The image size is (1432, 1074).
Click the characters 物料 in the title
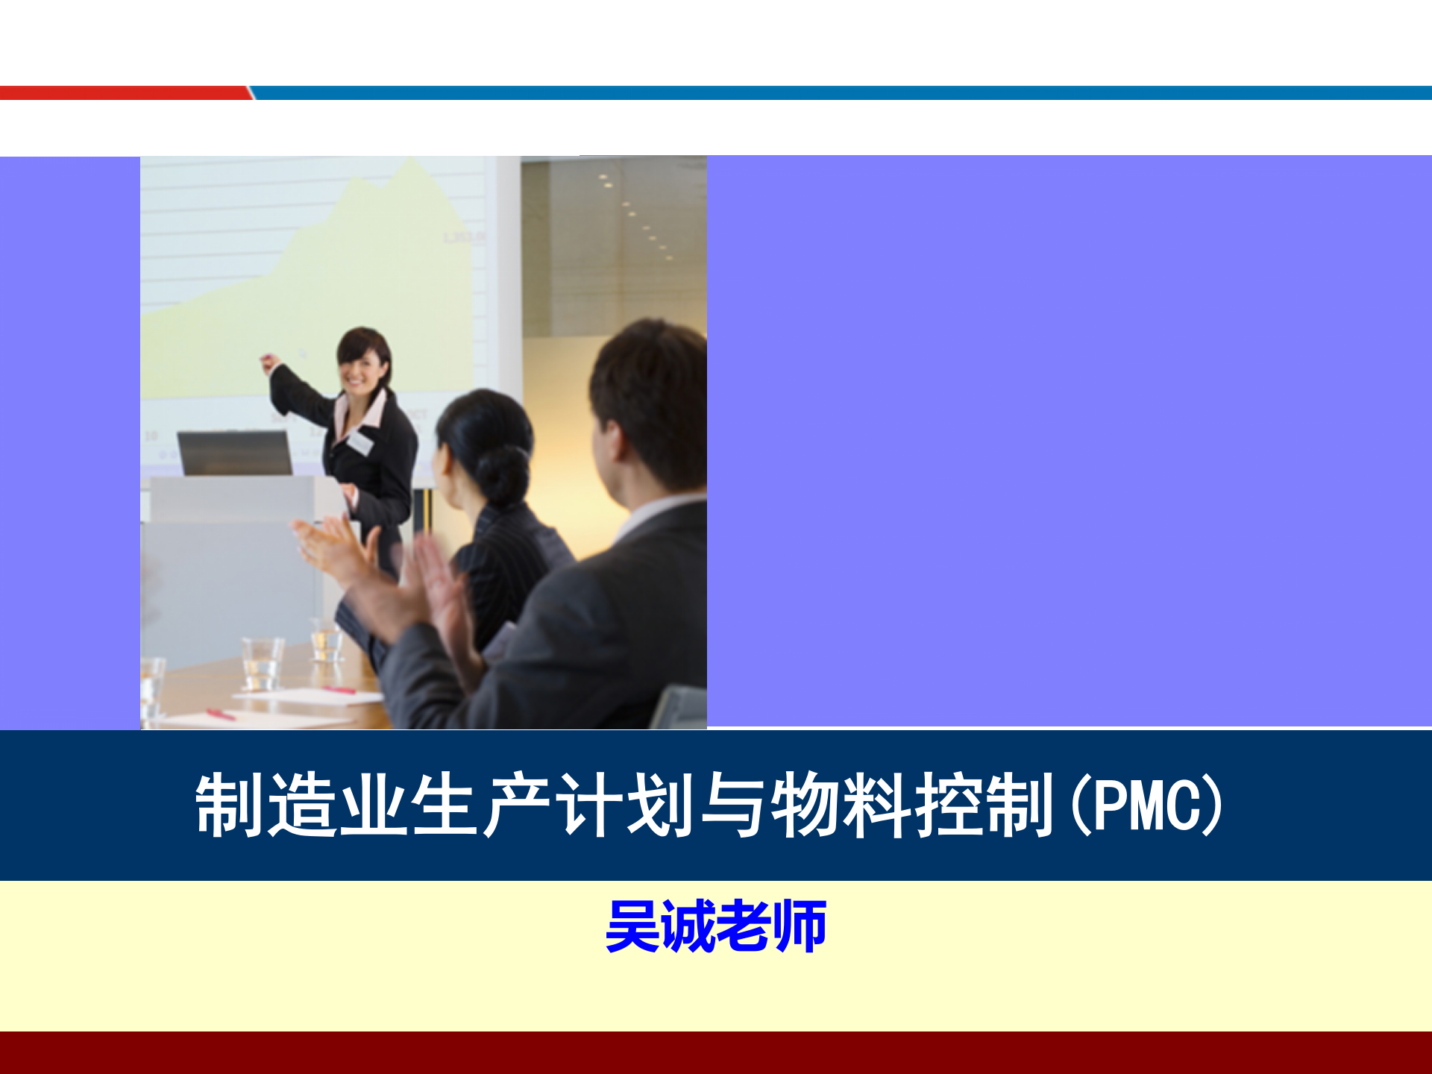click(841, 805)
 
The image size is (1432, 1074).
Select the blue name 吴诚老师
click(716, 926)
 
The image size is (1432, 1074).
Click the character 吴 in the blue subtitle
click(632, 926)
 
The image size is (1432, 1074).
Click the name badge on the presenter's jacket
click(359, 442)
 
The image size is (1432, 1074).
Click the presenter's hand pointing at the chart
click(269, 364)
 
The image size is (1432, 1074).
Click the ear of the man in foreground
click(618, 442)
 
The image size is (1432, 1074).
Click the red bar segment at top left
click(123, 93)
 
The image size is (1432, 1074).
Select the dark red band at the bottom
click(716, 1052)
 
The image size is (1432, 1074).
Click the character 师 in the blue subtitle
click(800, 926)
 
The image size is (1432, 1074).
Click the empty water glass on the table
click(261, 662)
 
